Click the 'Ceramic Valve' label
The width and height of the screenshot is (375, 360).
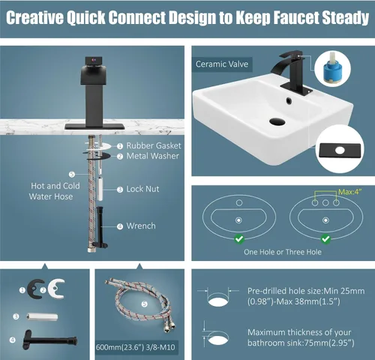pyautogui.click(x=222, y=64)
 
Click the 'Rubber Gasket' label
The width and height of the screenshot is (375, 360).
pyautogui.click(x=154, y=145)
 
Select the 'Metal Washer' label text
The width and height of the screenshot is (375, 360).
pyautogui.click(x=153, y=156)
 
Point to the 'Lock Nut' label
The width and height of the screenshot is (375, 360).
pyautogui.click(x=142, y=189)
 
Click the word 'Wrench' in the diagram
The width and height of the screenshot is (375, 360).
pyautogui.click(x=141, y=226)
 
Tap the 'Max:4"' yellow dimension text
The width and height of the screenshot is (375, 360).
pyautogui.click(x=350, y=192)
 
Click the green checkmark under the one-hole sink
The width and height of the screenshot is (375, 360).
pyautogui.click(x=239, y=239)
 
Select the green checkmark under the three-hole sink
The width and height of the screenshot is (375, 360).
pyautogui.click(x=325, y=239)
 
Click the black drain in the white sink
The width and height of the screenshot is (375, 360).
pyautogui.click(x=277, y=121)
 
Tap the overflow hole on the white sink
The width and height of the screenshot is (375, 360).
pyautogui.click(x=289, y=100)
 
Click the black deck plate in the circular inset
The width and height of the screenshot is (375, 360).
pyautogui.click(x=340, y=151)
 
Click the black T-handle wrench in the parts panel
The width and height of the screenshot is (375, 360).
pyautogui.click(x=49, y=340)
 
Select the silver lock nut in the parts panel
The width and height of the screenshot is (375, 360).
pyautogui.click(x=42, y=317)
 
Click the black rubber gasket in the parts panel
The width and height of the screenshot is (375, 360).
pyautogui.click(x=36, y=289)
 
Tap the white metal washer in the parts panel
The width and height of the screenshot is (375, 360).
pyautogui.click(x=56, y=289)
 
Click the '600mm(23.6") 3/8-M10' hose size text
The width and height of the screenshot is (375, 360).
pyautogui.click(x=136, y=347)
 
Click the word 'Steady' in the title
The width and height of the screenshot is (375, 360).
pyautogui.click(x=346, y=17)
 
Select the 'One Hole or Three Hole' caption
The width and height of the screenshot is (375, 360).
pyautogui.click(x=283, y=252)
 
